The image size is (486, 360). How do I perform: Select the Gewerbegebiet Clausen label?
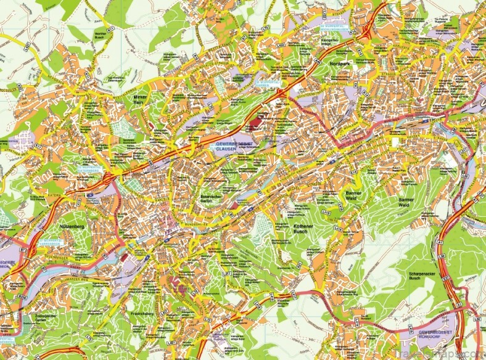click(232, 145)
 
